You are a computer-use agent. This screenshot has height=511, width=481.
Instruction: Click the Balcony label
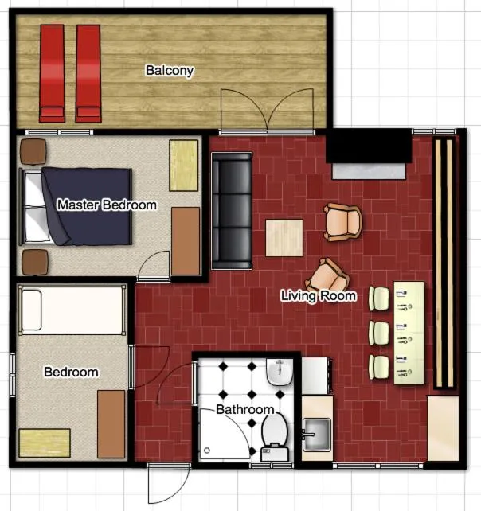[169, 71]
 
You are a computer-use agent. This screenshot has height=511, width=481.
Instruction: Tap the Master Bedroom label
[107, 205]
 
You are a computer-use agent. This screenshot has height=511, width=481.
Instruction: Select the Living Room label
[319, 296]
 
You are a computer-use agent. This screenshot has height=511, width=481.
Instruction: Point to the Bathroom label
[245, 410]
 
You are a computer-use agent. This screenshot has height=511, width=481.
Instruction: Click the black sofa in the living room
[232, 210]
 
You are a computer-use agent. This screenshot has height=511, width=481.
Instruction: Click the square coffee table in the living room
[284, 237]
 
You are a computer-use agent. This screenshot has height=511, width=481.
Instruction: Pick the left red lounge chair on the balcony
[52, 73]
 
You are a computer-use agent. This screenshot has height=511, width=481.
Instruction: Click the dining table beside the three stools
[410, 333]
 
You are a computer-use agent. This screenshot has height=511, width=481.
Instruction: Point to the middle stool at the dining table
[378, 331]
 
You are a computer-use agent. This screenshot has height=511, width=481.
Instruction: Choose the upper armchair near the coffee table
[343, 221]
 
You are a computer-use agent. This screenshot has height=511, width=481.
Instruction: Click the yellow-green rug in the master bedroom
[183, 166]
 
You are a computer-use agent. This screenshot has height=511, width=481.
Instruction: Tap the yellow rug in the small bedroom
[45, 443]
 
